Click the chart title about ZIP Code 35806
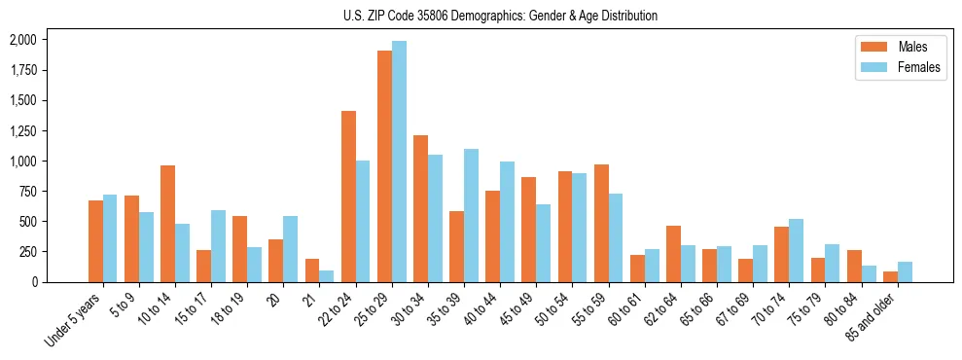point(500,16)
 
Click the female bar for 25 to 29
point(399,162)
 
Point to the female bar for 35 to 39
point(471,215)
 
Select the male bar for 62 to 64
point(673,254)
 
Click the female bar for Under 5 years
point(110,238)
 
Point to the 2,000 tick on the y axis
point(21,40)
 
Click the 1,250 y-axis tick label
point(21,130)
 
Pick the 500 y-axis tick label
point(26,221)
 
